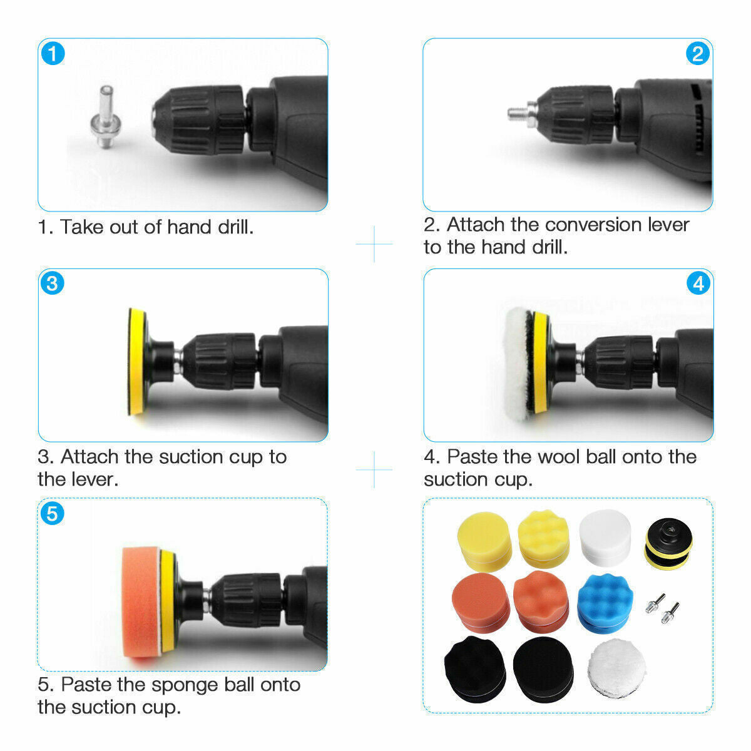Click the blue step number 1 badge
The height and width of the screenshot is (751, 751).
tap(53, 53)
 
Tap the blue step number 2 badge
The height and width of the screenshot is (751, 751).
tap(698, 53)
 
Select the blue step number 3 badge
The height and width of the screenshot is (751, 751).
tap(53, 284)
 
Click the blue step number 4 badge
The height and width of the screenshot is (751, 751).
tap(698, 284)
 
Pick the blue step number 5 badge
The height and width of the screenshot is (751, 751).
tap(53, 514)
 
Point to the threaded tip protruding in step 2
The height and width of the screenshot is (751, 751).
tap(516, 113)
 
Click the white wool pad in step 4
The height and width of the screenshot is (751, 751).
tap(516, 361)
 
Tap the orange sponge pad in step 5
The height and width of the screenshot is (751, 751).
tap(140, 602)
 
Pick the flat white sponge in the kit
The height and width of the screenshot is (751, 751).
tap(605, 536)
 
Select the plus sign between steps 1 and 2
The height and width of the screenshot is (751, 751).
tap(374, 244)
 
